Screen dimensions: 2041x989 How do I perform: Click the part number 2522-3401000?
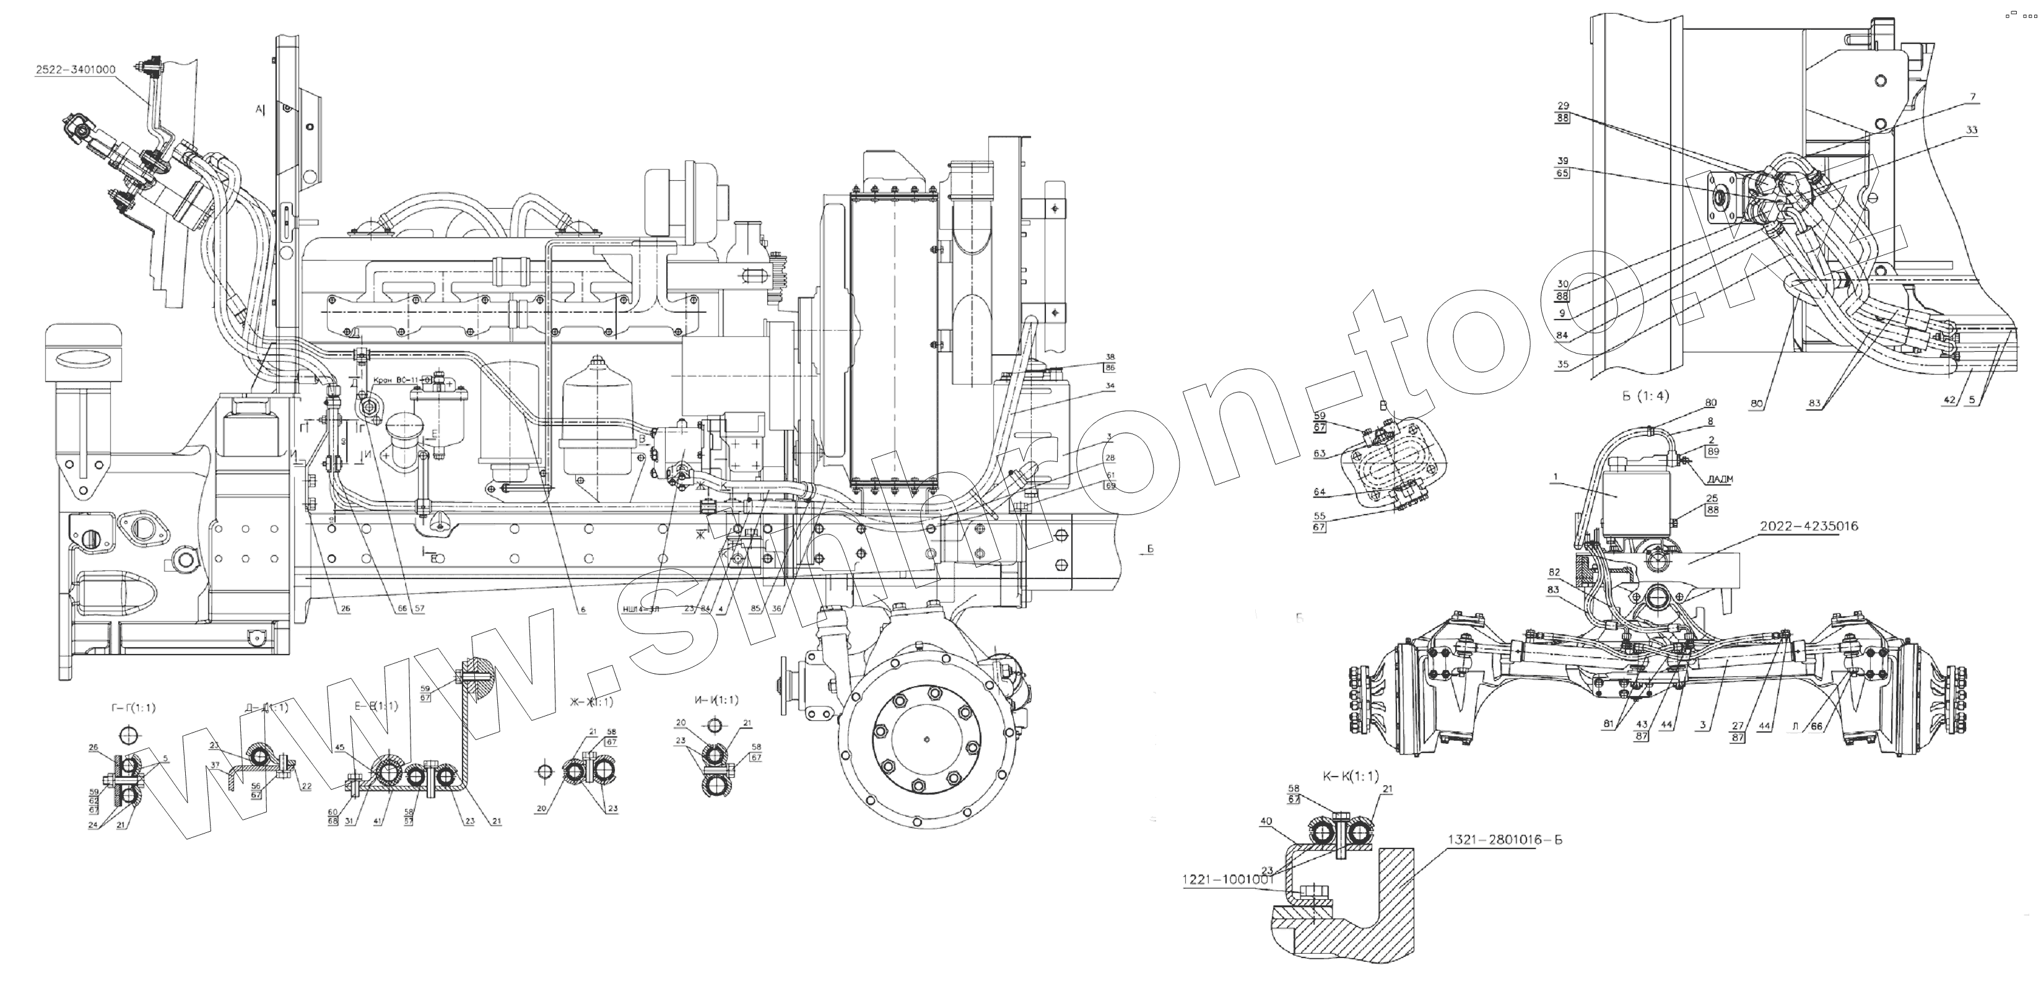tap(76, 70)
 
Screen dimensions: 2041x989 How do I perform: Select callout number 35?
tap(1562, 365)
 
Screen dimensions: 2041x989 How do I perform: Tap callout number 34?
tap(1110, 386)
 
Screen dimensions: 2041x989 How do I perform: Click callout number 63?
tap(1319, 454)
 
